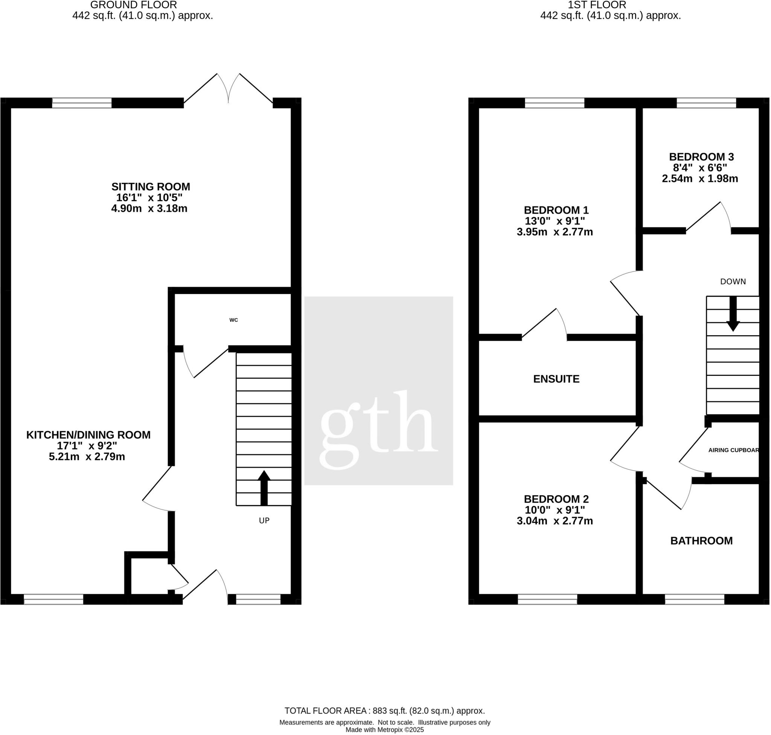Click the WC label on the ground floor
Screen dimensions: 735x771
pos(233,320)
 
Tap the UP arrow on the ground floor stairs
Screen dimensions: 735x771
pos(264,488)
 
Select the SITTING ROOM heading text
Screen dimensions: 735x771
pos(151,186)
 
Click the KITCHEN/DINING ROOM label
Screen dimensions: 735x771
pos(88,435)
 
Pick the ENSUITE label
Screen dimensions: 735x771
pos(556,379)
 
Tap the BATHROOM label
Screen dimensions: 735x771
pos(701,541)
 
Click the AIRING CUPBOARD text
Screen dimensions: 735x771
pos(733,450)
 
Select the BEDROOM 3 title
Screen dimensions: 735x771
pos(701,157)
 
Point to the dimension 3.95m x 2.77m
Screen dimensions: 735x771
pos(555,232)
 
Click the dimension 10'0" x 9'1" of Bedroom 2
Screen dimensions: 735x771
pos(555,510)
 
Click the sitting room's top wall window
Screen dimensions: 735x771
pos(81,103)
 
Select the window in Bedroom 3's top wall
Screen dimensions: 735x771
pos(706,103)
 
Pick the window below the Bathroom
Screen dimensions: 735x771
pos(694,599)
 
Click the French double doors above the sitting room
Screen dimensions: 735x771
pos(228,89)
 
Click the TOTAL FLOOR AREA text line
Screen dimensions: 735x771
pos(384,711)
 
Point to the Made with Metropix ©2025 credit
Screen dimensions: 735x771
pos(384,730)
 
